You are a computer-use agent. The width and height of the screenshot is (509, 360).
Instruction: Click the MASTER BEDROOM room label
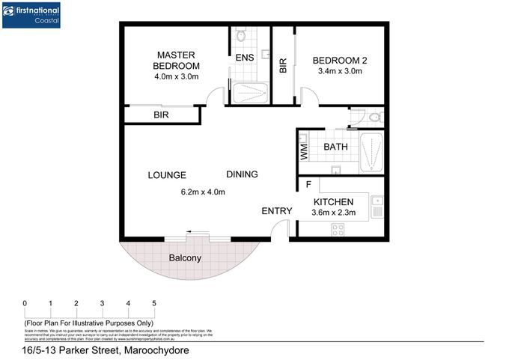[177, 61]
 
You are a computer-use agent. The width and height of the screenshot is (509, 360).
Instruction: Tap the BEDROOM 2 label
[339, 60]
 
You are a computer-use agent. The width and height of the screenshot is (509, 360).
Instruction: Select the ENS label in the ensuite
[244, 58]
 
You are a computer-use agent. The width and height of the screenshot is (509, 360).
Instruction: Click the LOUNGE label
[166, 175]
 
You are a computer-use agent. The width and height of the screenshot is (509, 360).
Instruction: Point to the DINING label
[242, 174]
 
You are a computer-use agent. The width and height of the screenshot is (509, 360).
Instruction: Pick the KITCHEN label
[334, 202]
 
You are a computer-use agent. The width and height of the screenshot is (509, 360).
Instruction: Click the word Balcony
[184, 258]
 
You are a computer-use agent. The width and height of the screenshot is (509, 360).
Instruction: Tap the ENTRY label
[276, 211]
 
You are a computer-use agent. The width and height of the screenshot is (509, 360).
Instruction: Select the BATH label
[335, 147]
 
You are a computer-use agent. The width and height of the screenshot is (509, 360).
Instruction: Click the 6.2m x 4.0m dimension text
[203, 192]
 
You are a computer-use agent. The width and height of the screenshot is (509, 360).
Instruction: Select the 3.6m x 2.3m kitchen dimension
[334, 213]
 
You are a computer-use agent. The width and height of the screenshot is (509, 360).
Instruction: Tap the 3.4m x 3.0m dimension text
[339, 72]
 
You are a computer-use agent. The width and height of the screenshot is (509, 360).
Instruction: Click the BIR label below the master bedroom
[161, 115]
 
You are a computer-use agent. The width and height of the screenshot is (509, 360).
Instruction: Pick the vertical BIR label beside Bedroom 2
[283, 66]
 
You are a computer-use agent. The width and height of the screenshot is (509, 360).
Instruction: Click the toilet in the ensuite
[241, 34]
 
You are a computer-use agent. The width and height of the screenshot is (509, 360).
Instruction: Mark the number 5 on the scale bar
[154, 303]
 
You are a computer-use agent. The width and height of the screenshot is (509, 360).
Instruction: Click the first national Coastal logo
[32, 15]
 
